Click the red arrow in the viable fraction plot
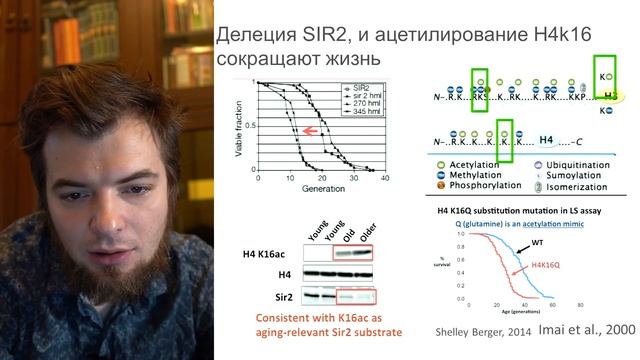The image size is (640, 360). point(311,131)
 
